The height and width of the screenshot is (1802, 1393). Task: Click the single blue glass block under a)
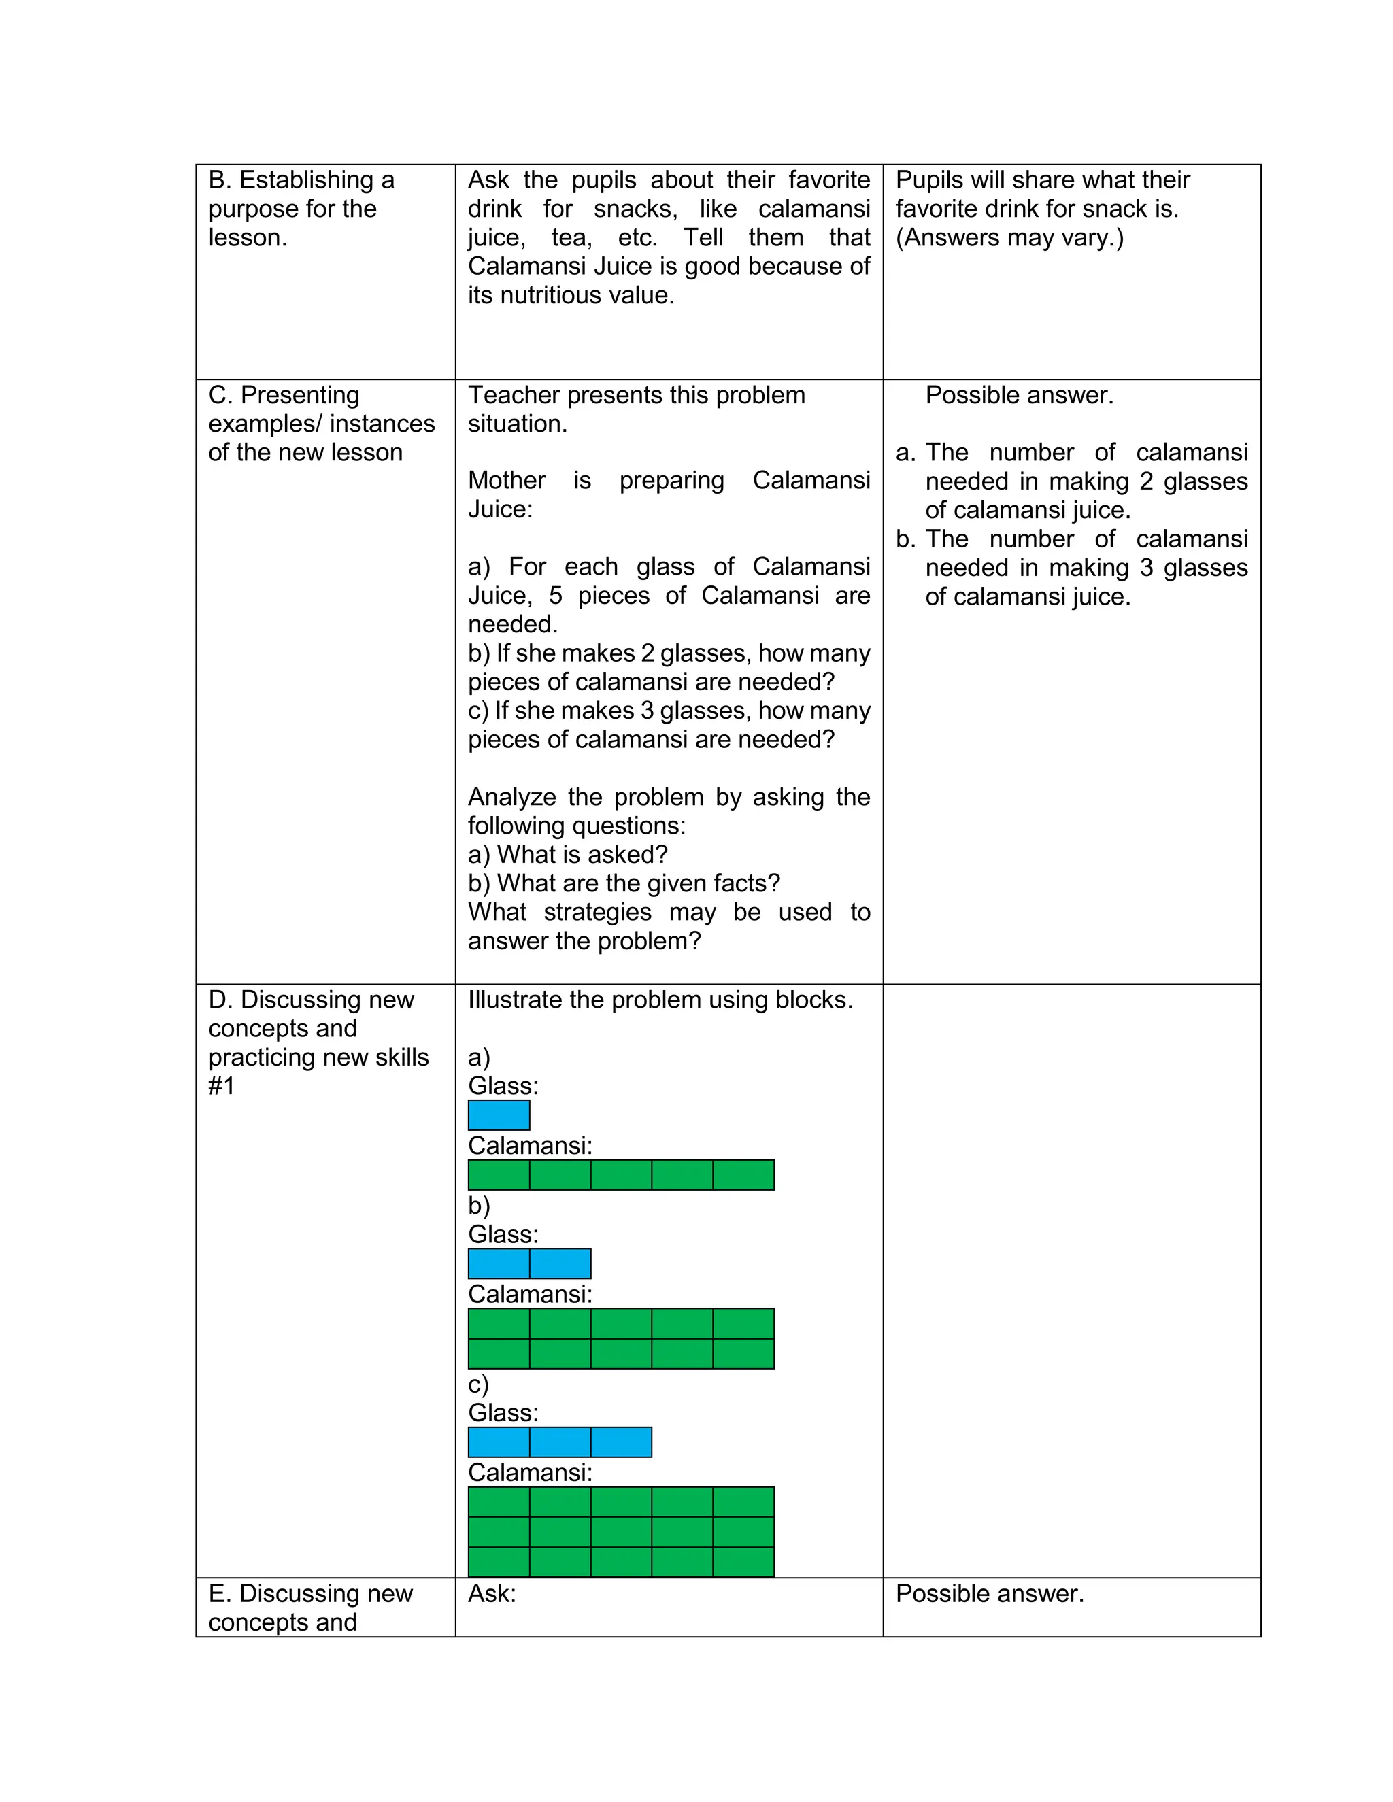tap(499, 1115)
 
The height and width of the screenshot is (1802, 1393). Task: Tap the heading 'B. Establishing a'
tap(301, 180)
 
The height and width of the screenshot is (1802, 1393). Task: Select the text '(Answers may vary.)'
tap(1009, 237)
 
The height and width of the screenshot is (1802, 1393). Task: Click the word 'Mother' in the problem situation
tap(506, 480)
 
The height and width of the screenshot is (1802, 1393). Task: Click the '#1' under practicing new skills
tap(221, 1086)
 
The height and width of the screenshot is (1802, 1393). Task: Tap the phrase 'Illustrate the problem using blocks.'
tap(660, 1000)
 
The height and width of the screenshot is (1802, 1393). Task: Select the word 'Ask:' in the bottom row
tap(492, 1593)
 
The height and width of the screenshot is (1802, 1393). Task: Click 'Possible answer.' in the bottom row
tap(990, 1593)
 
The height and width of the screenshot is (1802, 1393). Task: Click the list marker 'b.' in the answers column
tap(905, 539)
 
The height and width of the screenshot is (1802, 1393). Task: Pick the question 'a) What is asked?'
tap(568, 855)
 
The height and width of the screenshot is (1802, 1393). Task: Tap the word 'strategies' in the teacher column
tap(597, 913)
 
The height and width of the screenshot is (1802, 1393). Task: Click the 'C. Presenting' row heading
tap(284, 395)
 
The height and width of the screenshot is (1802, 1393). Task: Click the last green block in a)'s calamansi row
tap(743, 1175)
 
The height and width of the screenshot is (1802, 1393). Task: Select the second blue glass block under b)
tap(560, 1263)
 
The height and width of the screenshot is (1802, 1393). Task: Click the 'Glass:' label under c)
tap(503, 1412)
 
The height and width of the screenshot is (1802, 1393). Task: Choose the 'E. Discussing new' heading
tap(310, 1593)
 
